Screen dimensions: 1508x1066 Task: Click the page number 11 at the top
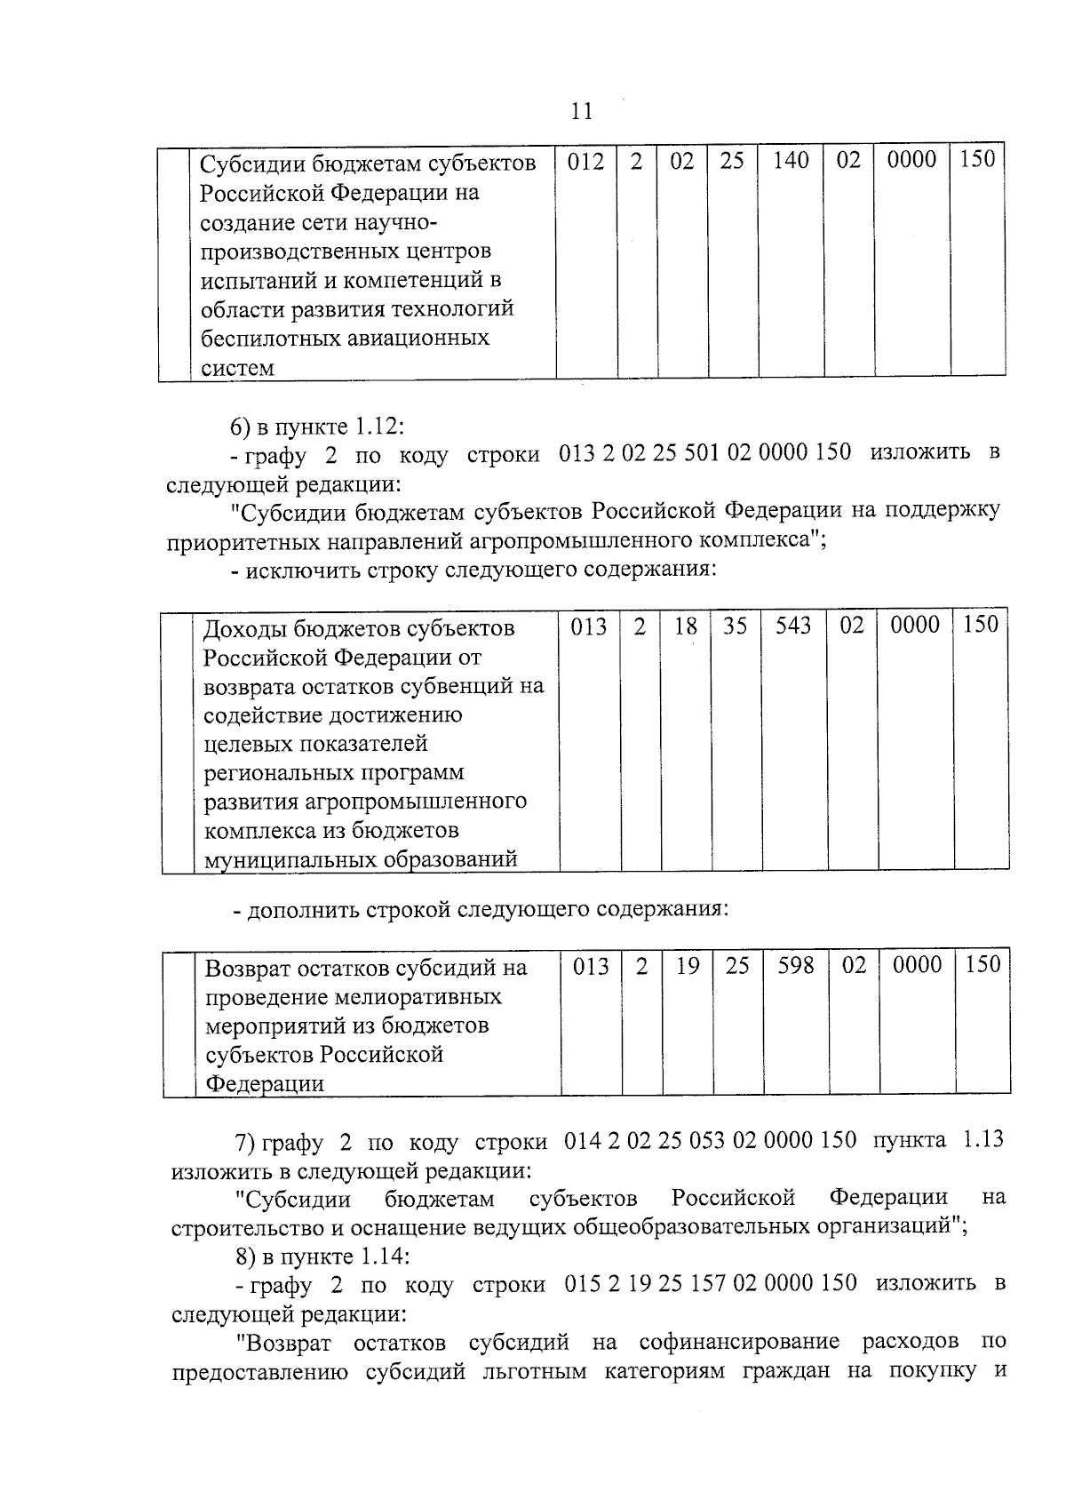click(580, 111)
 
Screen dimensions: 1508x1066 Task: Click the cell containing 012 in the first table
click(585, 162)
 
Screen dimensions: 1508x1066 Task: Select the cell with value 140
click(791, 161)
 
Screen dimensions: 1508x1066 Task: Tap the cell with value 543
click(793, 626)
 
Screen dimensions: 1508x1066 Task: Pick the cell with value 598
click(796, 965)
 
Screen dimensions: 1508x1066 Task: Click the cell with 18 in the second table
click(685, 626)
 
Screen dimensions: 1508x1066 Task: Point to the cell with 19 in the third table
click(688, 965)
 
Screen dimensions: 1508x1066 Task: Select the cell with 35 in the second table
click(735, 626)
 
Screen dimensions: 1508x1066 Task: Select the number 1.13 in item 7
click(982, 1139)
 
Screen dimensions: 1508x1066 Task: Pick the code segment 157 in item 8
click(707, 1283)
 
